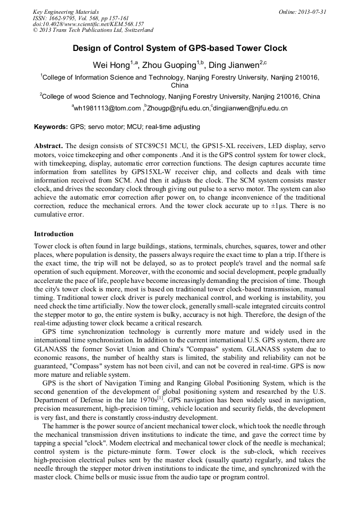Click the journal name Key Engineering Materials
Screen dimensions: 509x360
pyautogui.click(x=66, y=12)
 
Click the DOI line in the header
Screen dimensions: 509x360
pyautogui.click(x=88, y=24)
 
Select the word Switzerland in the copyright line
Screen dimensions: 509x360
pyautogui.click(x=137, y=31)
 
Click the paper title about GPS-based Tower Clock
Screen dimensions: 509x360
pyautogui.click(x=179, y=48)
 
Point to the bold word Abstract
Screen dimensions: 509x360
pyautogui.click(x=48, y=146)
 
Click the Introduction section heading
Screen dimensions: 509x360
pyautogui.click(x=54, y=234)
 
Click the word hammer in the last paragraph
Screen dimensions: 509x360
pyautogui.click(x=68, y=426)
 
